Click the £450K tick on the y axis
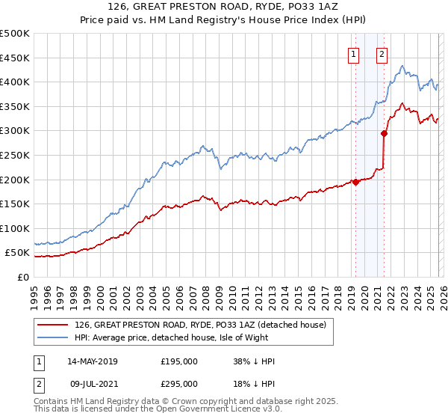tap(15, 58)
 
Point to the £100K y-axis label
tap(15, 228)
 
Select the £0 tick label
tap(22, 277)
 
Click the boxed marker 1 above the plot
tap(352, 53)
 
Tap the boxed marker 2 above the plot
tap(382, 53)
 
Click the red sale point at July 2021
tap(384, 133)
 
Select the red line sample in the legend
tap(53, 325)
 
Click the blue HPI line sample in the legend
tap(53, 337)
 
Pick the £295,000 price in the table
tap(179, 384)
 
